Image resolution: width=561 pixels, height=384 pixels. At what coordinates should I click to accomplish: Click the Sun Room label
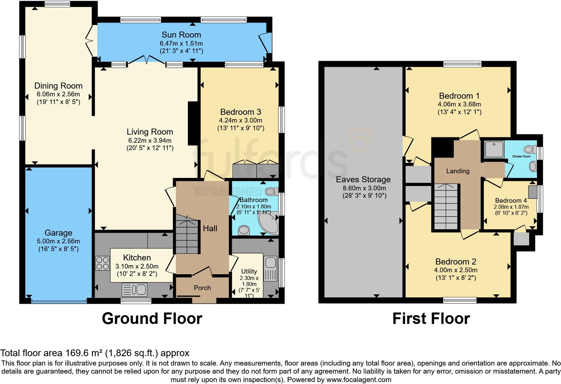(181, 35)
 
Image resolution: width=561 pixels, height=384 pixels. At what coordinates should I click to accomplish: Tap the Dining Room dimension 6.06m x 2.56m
(58, 94)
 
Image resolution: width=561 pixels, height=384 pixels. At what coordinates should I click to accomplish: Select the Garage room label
(58, 233)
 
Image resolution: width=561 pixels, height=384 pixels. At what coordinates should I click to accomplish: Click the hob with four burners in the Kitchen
(103, 263)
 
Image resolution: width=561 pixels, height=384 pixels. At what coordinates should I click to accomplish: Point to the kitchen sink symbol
(135, 290)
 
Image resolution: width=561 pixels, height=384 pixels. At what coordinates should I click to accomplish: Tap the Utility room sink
(270, 269)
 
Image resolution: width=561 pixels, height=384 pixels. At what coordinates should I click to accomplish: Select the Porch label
(202, 288)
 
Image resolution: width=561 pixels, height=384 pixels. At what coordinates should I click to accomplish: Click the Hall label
(210, 229)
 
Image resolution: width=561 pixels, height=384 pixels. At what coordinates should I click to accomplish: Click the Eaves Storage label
(363, 180)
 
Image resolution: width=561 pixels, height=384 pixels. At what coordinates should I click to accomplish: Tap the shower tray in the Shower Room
(494, 150)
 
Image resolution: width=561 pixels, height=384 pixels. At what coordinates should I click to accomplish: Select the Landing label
(458, 171)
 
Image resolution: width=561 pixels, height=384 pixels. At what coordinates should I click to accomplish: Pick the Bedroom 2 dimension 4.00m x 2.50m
(456, 270)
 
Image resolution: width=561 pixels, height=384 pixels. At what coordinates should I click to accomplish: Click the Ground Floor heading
(152, 318)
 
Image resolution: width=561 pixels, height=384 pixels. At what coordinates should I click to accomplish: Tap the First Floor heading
(431, 318)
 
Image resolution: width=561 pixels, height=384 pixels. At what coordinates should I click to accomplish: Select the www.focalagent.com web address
(359, 380)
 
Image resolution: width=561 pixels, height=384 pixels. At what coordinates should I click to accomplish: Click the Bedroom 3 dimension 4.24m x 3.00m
(241, 120)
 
